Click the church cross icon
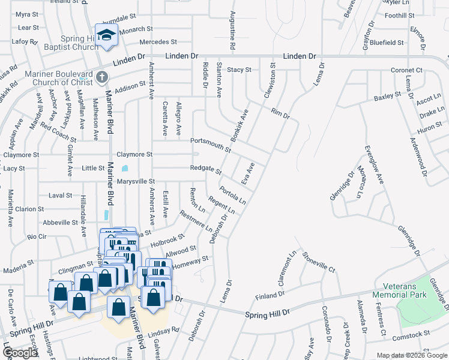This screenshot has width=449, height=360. click(x=101, y=77)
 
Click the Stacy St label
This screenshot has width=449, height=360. click(x=239, y=70)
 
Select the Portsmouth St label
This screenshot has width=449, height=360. click(x=211, y=144)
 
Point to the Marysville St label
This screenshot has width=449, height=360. click(x=136, y=181)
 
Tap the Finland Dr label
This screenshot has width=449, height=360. click(x=270, y=295)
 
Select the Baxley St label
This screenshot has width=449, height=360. click(x=387, y=95)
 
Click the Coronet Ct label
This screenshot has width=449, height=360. click(x=407, y=70)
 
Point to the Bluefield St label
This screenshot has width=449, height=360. click(x=386, y=43)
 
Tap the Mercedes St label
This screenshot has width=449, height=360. click(x=158, y=43)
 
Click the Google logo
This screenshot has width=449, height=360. click(x=20, y=353)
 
